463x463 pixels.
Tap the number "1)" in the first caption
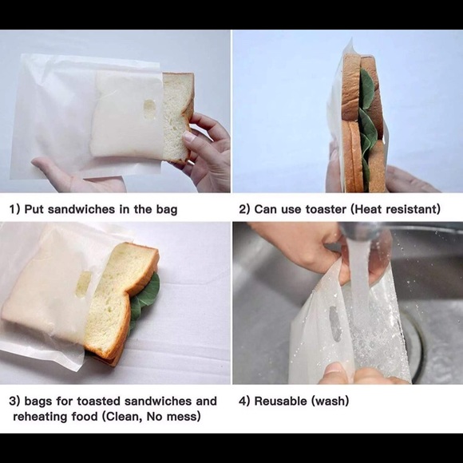click(14, 210)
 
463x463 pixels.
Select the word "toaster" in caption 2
click(321, 210)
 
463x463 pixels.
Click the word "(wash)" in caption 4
click(331, 401)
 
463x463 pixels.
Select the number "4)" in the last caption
click(244, 401)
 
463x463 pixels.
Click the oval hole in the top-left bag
click(149, 110)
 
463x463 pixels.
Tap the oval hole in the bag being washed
click(334, 323)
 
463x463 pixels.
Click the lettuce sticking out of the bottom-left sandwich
click(146, 295)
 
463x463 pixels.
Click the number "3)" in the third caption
click(14, 401)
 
